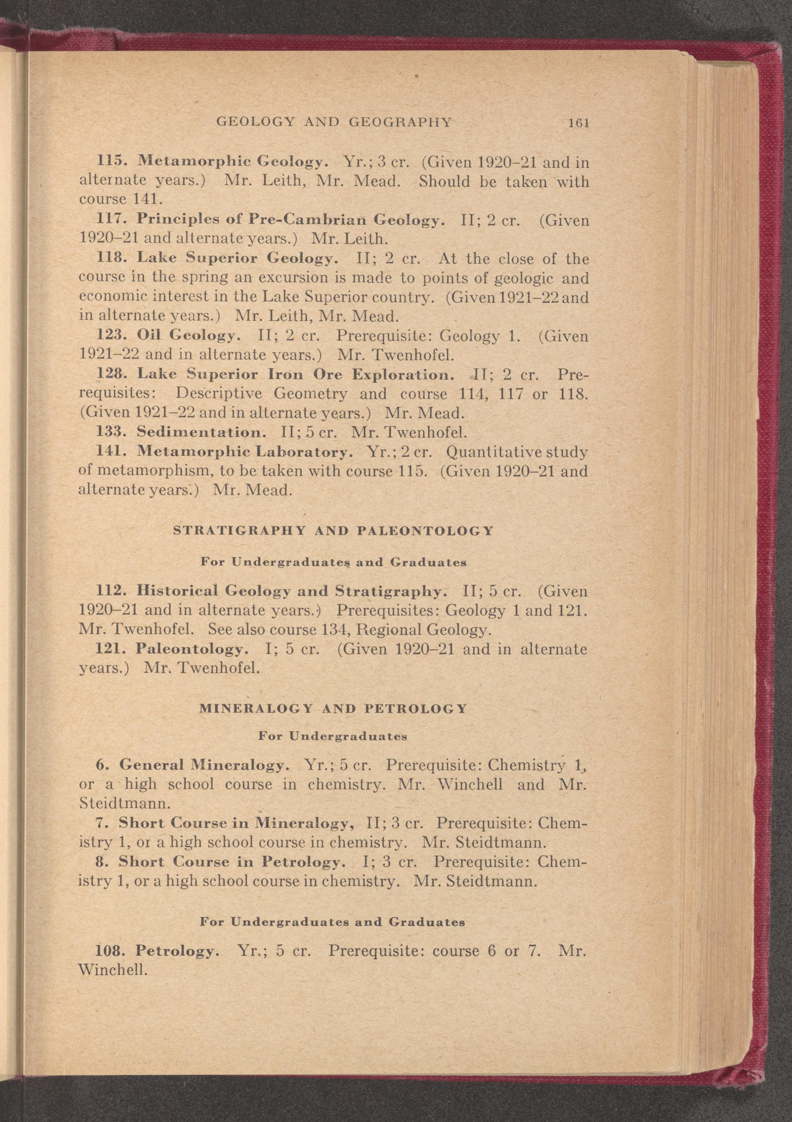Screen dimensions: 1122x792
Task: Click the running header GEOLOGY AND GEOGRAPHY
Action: [334, 122]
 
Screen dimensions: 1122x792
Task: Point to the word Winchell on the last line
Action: [112, 970]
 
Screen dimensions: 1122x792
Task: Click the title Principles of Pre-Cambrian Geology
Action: [290, 220]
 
